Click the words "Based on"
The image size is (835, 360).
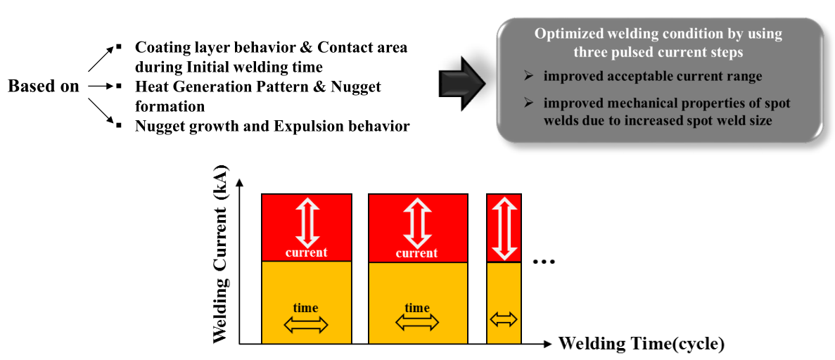pyautogui.click(x=43, y=86)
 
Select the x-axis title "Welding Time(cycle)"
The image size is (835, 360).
pyautogui.click(x=641, y=344)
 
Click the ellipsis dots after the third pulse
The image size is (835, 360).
pyautogui.click(x=544, y=262)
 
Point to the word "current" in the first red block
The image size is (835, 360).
pyautogui.click(x=306, y=252)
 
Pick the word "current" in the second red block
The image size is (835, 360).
pyautogui.click(x=417, y=252)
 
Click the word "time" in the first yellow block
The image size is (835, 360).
pyautogui.click(x=306, y=307)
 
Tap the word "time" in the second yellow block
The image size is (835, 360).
pyautogui.click(x=417, y=307)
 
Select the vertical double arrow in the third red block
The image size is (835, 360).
pyautogui.click(x=504, y=227)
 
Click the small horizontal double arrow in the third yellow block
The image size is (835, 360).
pyautogui.click(x=504, y=319)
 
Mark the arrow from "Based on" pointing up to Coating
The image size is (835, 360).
pyautogui.click(x=101, y=58)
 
